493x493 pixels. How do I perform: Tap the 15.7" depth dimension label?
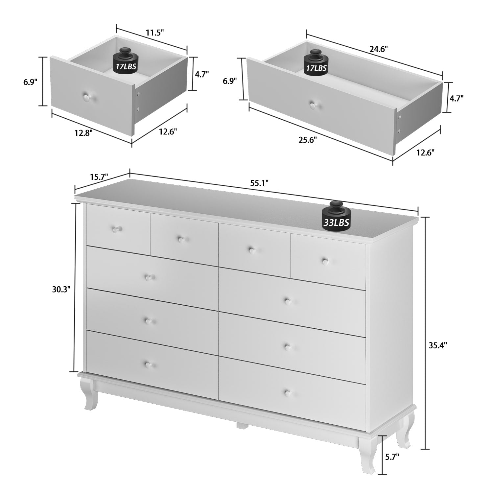pyautogui.click(x=99, y=177)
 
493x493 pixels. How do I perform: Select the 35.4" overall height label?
pyautogui.click(x=438, y=345)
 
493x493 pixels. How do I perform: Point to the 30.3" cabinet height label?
pyautogui.click(x=61, y=289)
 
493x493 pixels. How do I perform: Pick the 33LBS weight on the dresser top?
pyautogui.click(x=336, y=218)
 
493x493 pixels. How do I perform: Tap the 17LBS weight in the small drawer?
pyautogui.click(x=126, y=62)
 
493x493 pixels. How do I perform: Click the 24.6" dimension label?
pyautogui.click(x=379, y=49)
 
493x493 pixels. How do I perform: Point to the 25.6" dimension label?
pyautogui.click(x=308, y=140)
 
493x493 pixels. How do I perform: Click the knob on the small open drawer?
pyautogui.click(x=87, y=97)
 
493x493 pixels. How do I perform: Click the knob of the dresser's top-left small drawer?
pyautogui.click(x=116, y=229)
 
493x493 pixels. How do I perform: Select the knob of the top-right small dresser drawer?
pyautogui.click(x=325, y=261)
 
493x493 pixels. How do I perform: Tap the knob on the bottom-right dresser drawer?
pyautogui.click(x=288, y=393)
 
